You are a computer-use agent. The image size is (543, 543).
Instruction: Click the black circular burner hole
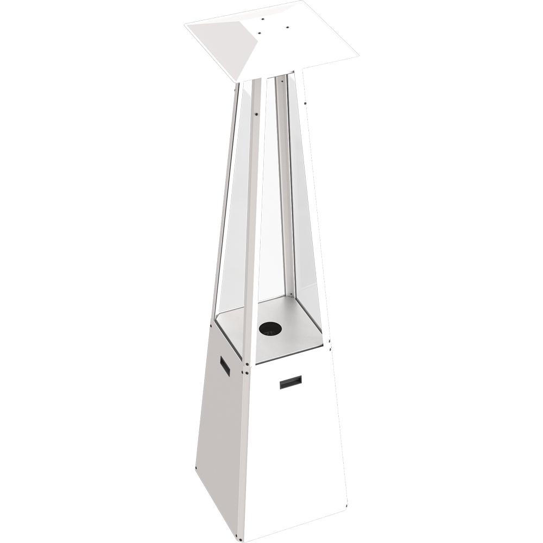click(270, 328)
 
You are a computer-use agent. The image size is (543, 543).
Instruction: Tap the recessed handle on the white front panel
click(291, 382)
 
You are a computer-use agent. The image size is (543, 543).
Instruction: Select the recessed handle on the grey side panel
click(225, 365)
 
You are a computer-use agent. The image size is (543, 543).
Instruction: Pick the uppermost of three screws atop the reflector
click(263, 19)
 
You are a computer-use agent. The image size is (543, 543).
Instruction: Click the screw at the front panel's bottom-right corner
click(346, 509)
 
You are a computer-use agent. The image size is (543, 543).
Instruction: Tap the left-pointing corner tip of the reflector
click(186, 24)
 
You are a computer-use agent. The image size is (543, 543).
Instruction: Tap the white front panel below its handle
click(293, 451)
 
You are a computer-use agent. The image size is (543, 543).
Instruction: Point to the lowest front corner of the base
click(239, 540)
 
